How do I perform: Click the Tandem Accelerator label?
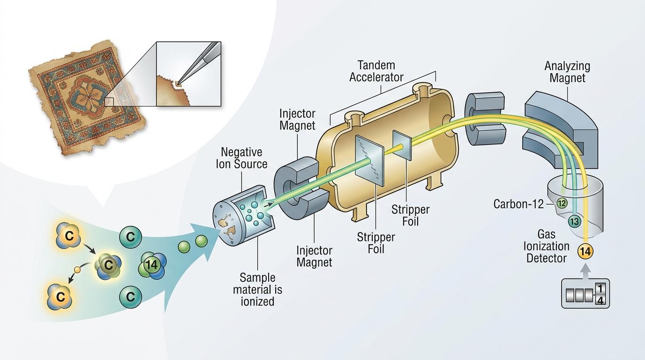coord(376,71)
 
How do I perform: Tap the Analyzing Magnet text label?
coord(567,72)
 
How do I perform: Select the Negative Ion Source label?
coord(241,158)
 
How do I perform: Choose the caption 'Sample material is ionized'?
coord(258,289)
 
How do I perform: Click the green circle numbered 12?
coord(562,203)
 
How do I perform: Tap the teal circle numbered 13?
coord(574,221)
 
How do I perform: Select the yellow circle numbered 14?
coord(585,252)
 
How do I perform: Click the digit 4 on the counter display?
coord(600,300)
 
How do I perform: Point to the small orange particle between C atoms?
coord(78,270)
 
